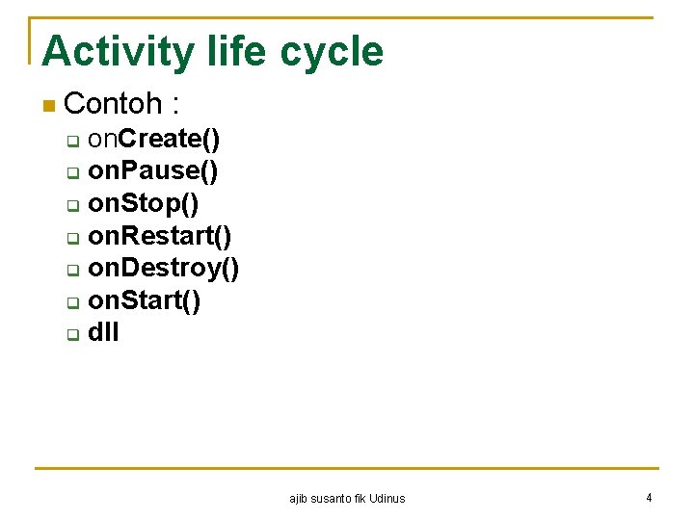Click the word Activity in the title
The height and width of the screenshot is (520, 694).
[119, 52]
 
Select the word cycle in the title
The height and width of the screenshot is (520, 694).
[332, 52]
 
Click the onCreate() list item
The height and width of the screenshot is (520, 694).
[153, 140]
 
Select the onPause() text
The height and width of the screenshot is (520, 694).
[152, 172]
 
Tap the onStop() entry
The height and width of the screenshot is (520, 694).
[144, 205]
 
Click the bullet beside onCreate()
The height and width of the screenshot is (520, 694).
[72, 143]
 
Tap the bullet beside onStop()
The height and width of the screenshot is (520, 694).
[72, 207]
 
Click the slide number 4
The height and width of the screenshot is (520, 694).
[649, 498]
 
